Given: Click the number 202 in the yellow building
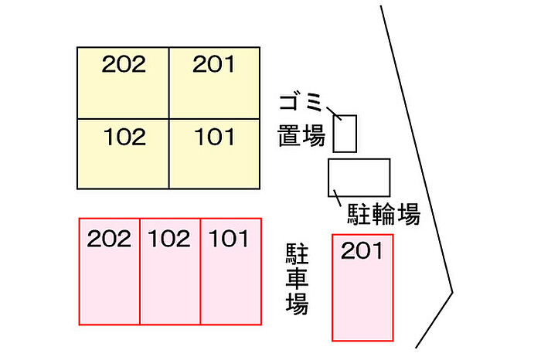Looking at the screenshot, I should point(124,65).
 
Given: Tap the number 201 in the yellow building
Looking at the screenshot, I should point(214,65).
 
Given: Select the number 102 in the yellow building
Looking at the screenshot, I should point(124,138).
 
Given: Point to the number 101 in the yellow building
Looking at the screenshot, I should point(214,138).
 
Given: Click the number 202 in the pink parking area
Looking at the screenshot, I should point(108,238).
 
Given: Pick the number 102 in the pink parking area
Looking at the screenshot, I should point(169,238).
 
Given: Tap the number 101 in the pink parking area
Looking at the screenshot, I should point(229,238).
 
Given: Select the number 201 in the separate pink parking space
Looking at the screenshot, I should point(362,251).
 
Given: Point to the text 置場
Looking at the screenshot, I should point(301,138).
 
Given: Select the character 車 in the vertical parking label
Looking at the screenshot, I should point(297,278).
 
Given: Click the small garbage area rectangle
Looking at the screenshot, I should point(345,134).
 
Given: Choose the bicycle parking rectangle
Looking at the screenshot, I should point(359,176).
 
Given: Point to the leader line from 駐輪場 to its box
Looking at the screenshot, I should point(336,196).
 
